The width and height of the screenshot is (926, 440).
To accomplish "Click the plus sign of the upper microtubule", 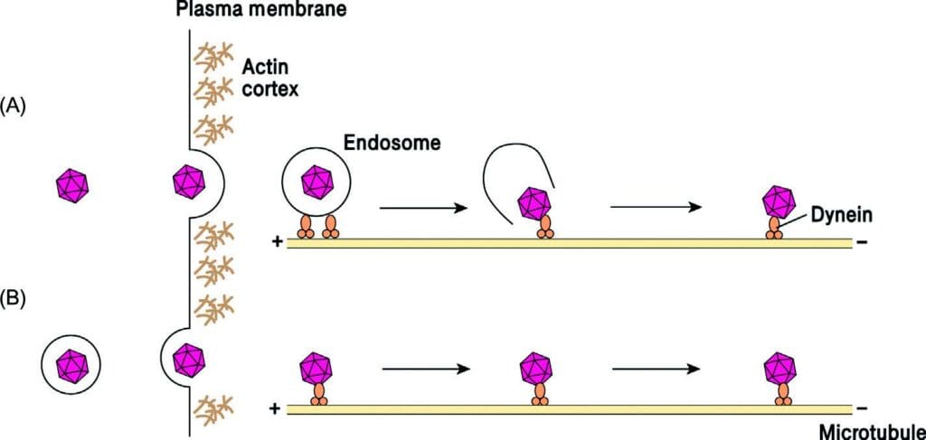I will point(274,242).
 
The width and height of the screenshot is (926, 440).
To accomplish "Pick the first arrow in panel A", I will point(422,208).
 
